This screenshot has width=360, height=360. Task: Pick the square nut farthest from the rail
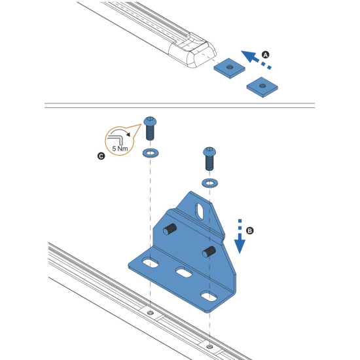261,86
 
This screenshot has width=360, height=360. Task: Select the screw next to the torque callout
149,127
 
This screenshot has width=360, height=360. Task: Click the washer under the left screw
150,154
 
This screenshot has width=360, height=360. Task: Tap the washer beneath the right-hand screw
209,182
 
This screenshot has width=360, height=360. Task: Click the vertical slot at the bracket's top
200,210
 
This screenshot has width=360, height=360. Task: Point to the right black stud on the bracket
209,252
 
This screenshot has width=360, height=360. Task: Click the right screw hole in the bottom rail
208,346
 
